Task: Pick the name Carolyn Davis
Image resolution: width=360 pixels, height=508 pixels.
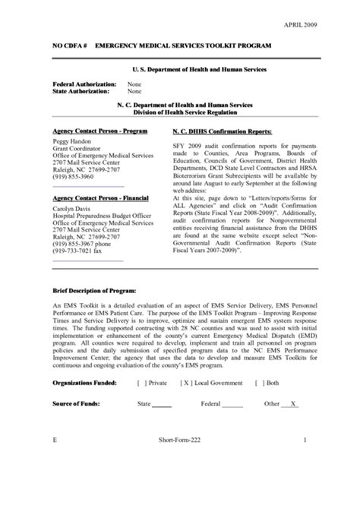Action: coord(71,207)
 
